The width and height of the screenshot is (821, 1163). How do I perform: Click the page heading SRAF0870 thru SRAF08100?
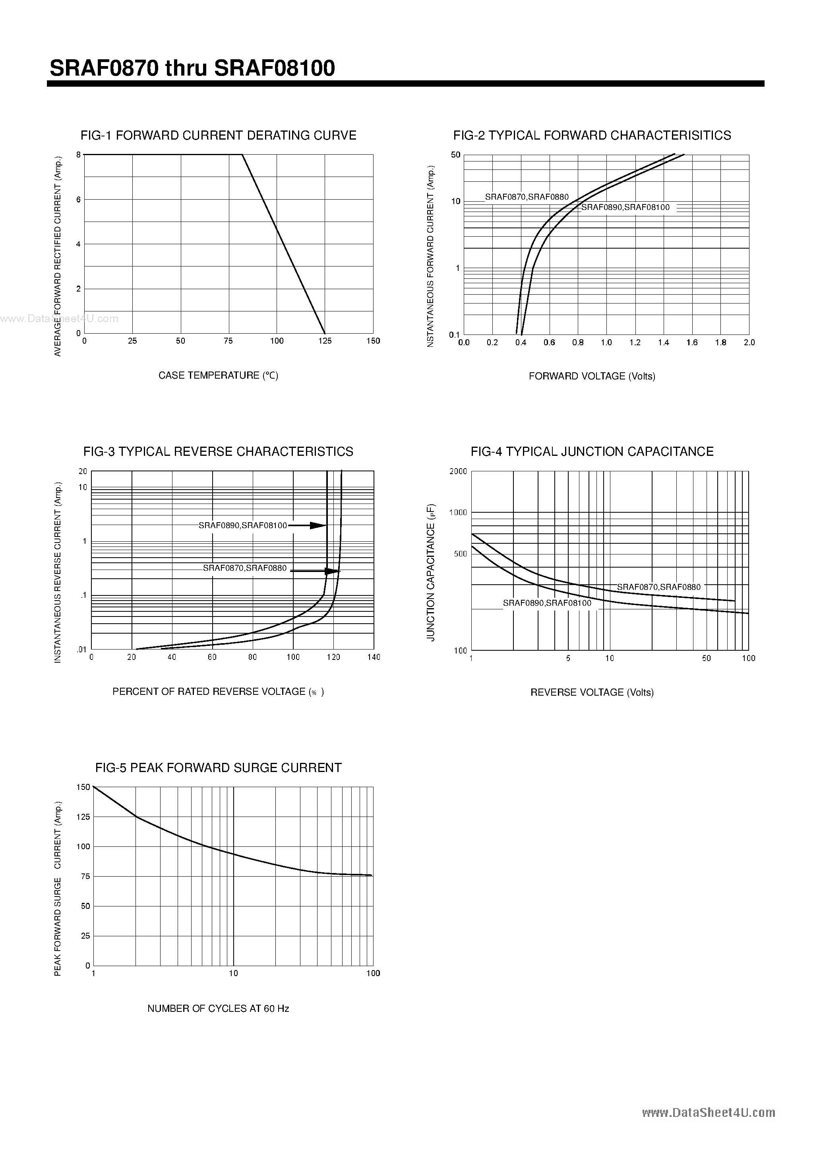click(192, 68)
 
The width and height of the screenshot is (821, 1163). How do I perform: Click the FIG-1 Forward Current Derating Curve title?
click(218, 135)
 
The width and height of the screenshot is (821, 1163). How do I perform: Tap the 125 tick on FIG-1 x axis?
click(325, 341)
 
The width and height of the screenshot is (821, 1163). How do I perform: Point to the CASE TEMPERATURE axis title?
click(218, 375)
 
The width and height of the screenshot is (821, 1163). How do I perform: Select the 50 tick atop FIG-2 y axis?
click(455, 155)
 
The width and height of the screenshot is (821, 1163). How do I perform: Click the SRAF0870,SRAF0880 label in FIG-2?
click(527, 197)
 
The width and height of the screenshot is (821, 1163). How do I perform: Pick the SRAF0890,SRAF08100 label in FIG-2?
click(625, 207)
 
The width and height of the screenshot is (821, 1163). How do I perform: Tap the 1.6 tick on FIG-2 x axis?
click(692, 342)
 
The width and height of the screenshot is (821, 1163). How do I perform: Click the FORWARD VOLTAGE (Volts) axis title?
click(592, 376)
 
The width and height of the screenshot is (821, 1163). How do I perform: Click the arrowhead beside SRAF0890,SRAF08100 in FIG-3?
click(318, 526)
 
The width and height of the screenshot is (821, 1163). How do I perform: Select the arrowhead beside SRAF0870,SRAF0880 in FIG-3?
click(332, 572)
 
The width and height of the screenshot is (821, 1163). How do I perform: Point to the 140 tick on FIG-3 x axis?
click(374, 657)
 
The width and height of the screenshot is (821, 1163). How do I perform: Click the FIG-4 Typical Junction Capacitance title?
click(592, 451)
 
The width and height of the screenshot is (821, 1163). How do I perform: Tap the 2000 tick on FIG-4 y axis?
click(458, 472)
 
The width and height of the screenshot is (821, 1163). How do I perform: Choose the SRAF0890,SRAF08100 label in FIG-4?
click(547, 603)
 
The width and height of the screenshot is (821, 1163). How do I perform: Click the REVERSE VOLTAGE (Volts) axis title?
click(592, 692)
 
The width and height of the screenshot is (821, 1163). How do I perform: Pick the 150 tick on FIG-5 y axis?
click(83, 787)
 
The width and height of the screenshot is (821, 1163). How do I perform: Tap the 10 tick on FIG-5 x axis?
click(233, 973)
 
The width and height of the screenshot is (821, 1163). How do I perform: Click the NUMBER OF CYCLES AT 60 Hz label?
click(218, 1009)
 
